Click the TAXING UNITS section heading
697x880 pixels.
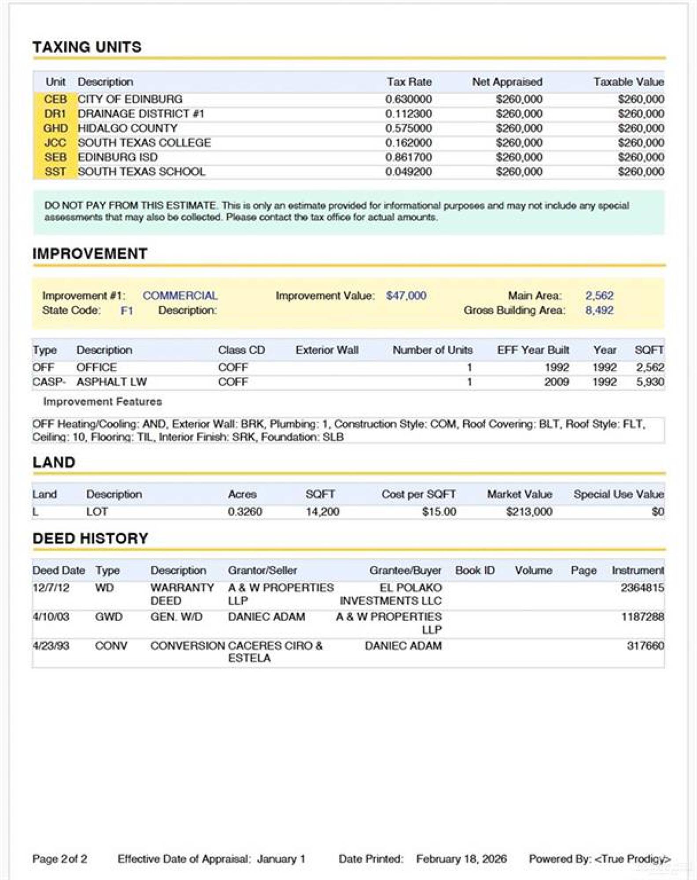[x=87, y=47]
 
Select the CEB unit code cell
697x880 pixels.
[x=55, y=99]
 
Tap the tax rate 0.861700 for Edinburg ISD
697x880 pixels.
[x=408, y=157]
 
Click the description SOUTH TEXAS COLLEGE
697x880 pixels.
[x=144, y=143]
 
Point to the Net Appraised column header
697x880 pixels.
[x=507, y=82]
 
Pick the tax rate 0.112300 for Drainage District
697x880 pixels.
[x=408, y=114]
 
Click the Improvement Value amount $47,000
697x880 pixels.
[x=406, y=296]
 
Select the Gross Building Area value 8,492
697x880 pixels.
[x=599, y=310]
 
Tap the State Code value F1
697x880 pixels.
[x=127, y=311]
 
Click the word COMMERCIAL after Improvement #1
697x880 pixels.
[x=180, y=296]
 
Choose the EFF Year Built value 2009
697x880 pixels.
[x=556, y=382]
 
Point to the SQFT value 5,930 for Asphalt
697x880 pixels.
[x=649, y=382]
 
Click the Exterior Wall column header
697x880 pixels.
[x=327, y=350]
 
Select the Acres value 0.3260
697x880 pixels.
[x=245, y=512]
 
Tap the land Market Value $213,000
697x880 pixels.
[x=529, y=512]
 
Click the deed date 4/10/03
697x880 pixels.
[x=51, y=617]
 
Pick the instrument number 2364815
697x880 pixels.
[x=642, y=588]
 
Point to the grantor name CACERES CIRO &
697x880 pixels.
[x=275, y=646]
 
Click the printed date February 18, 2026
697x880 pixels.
[x=461, y=858]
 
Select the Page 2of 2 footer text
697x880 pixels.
[x=59, y=858]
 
